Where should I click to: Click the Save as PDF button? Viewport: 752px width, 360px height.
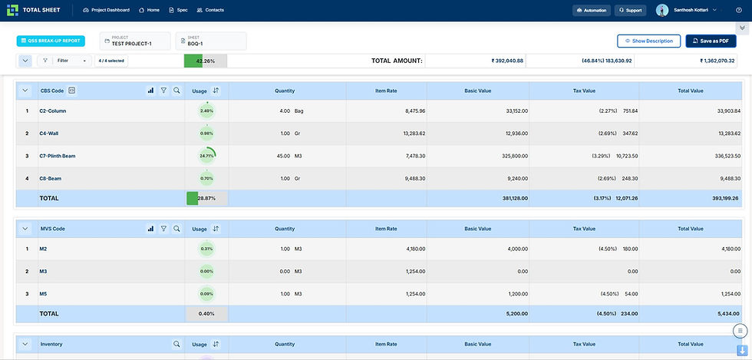(711, 41)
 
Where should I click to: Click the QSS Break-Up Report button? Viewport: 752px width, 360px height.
(51, 41)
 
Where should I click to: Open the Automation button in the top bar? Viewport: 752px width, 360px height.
(592, 10)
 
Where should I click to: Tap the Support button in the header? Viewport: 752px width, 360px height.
(629, 10)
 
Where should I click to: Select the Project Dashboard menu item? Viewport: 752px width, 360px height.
(106, 10)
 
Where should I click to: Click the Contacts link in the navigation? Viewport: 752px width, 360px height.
(210, 10)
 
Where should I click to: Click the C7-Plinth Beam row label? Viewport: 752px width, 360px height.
(58, 156)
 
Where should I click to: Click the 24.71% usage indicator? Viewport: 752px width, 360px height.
(206, 156)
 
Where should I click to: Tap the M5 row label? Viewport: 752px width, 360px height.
(44, 294)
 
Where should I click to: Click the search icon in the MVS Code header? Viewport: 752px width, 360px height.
(177, 229)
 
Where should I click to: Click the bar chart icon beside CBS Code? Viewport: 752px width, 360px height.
(150, 91)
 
